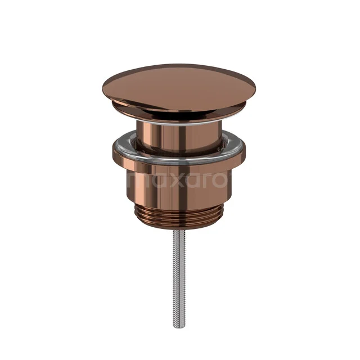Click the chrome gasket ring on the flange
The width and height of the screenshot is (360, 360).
pyautogui.click(x=179, y=157)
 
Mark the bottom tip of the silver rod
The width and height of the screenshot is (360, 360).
pyautogui.click(x=178, y=326)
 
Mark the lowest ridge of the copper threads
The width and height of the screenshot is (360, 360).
pyautogui.click(x=179, y=227)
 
